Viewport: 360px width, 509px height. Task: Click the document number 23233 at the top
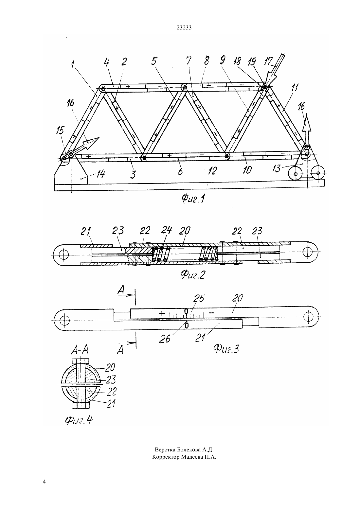pos(184,28)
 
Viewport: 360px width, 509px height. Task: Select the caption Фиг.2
pos(193,275)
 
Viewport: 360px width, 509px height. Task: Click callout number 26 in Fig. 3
pos(165,339)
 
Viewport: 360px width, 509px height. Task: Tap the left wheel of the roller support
pos(295,174)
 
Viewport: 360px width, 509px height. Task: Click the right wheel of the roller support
pos(318,173)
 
